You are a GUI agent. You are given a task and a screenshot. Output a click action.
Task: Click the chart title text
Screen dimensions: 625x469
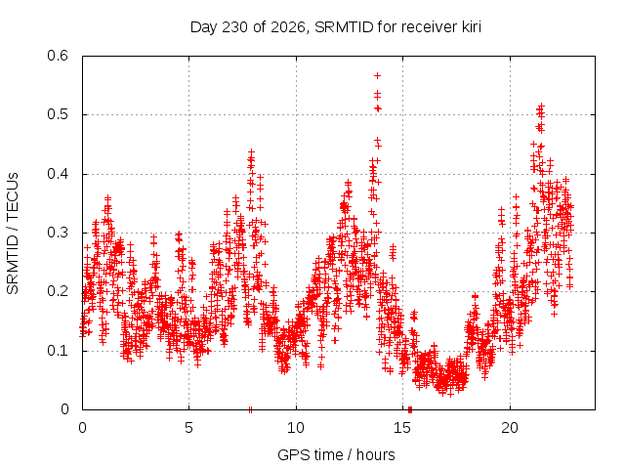(x=336, y=27)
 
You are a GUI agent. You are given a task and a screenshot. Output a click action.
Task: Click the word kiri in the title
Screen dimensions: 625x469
(x=471, y=26)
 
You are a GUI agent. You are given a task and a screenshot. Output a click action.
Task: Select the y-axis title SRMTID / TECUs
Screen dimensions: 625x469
(x=13, y=234)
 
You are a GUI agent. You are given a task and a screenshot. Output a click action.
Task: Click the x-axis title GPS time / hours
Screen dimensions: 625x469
(x=336, y=454)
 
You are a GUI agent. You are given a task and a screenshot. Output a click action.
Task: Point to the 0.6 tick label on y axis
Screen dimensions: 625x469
(x=58, y=56)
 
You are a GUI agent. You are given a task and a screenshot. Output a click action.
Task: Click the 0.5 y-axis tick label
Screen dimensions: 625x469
(x=58, y=114)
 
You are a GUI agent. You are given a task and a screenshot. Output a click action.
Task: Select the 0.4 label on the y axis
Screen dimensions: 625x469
(x=58, y=174)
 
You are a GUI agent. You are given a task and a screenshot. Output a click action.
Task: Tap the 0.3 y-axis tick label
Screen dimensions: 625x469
(x=58, y=233)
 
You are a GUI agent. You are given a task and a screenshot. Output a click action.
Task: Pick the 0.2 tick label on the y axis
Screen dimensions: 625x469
(x=58, y=291)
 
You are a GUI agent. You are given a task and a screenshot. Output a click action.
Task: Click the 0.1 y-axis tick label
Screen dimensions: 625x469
(x=58, y=351)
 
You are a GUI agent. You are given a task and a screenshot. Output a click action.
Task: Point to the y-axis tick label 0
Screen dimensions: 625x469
(x=64, y=409)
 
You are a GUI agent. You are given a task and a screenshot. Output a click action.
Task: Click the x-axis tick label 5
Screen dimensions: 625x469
(x=188, y=428)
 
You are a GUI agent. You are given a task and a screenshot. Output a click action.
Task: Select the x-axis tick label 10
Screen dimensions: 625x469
(x=295, y=428)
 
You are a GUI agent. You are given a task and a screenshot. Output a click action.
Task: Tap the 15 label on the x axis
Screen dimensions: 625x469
(x=402, y=428)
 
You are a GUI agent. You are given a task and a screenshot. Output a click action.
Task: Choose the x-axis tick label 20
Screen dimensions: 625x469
(x=510, y=428)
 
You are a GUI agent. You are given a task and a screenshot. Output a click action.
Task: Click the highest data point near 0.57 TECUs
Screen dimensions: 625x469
(x=377, y=75)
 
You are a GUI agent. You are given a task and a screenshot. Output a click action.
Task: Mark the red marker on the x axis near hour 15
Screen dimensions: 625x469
(x=410, y=409)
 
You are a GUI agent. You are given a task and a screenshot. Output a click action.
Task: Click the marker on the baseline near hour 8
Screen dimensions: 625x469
(x=250, y=409)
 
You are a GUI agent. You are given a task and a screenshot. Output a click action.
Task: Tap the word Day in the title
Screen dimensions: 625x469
(x=204, y=27)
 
